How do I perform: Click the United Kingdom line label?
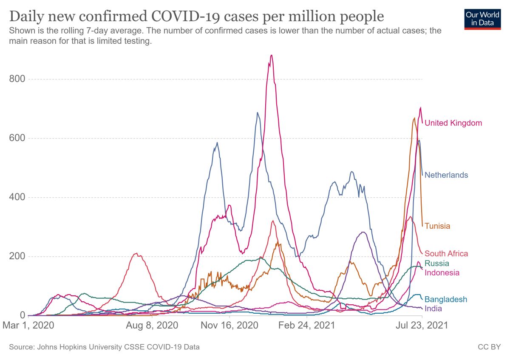point(453,123)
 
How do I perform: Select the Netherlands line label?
point(446,175)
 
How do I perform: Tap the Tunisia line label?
point(437,226)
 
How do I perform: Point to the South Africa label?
point(446,254)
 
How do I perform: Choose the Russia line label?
point(436,264)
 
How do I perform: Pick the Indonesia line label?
point(442,273)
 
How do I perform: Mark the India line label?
point(433,309)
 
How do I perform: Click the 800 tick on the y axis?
point(17,79)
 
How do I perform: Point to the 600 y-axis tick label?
point(17,138)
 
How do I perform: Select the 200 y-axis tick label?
point(17,256)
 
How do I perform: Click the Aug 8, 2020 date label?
point(152,326)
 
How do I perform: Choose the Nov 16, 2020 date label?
point(229,326)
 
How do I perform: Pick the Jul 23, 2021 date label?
point(422,326)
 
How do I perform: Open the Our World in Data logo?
point(482,19)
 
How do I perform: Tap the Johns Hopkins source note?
point(104,347)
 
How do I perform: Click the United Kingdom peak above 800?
point(271,56)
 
